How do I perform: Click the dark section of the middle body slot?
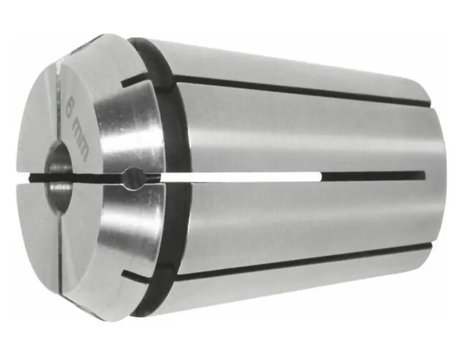[371, 176]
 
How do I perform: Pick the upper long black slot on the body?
[292, 89]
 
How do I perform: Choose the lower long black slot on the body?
[292, 260]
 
